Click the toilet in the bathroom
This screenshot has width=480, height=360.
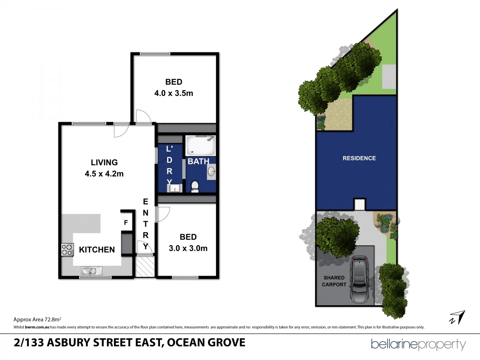pos(195,186)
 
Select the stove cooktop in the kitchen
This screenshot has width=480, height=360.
pos(67,250)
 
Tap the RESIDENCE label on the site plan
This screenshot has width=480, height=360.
pos(359,158)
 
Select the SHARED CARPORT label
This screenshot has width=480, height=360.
pos(335,281)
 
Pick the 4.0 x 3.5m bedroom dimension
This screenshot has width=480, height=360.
pos(174,93)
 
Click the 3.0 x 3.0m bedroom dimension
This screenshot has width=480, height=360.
pos(188,248)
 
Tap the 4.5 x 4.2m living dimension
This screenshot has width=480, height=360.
pos(104,174)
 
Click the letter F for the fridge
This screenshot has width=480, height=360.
pos(126,223)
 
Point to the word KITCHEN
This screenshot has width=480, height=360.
pos(97,250)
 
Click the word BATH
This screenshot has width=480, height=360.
pos(198,162)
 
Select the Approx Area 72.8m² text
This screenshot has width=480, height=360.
pos(37,319)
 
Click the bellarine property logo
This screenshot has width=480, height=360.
pos(418,344)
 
